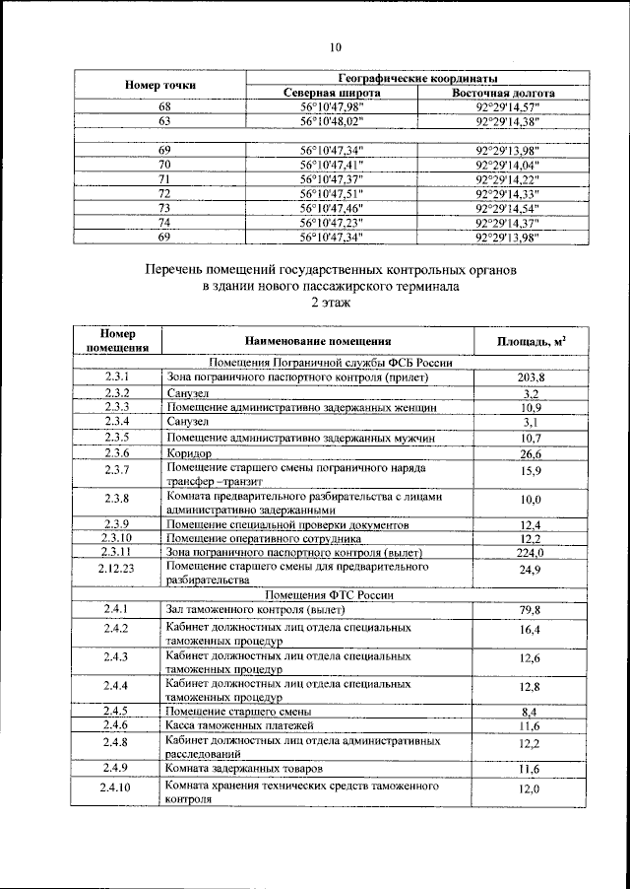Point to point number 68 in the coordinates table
(x=164, y=106)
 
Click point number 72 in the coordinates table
(x=164, y=194)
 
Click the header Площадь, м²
(x=536, y=341)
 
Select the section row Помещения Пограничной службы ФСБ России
(x=323, y=363)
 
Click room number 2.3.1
(x=117, y=376)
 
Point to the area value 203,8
(x=531, y=377)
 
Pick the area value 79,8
(x=531, y=611)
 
